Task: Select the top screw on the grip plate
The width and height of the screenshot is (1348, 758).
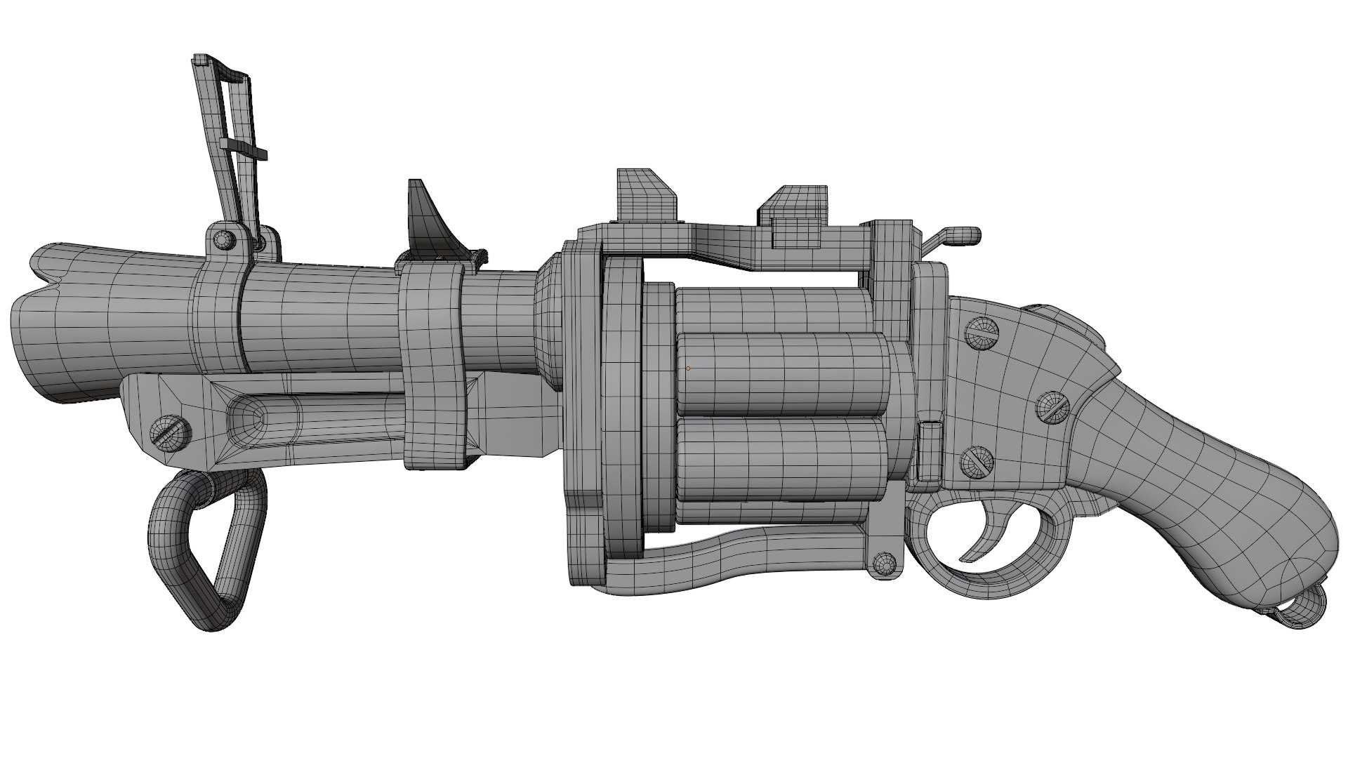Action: click(x=983, y=333)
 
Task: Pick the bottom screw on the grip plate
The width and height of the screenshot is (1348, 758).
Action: click(x=977, y=461)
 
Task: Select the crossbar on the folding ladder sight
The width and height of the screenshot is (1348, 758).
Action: click(x=244, y=148)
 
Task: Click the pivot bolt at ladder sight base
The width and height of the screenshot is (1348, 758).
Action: click(x=225, y=239)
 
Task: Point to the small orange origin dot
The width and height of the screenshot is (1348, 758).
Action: click(x=688, y=368)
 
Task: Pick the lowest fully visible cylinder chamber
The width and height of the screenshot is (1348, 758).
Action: click(x=779, y=456)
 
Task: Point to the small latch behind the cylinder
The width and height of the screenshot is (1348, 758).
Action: click(x=930, y=449)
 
